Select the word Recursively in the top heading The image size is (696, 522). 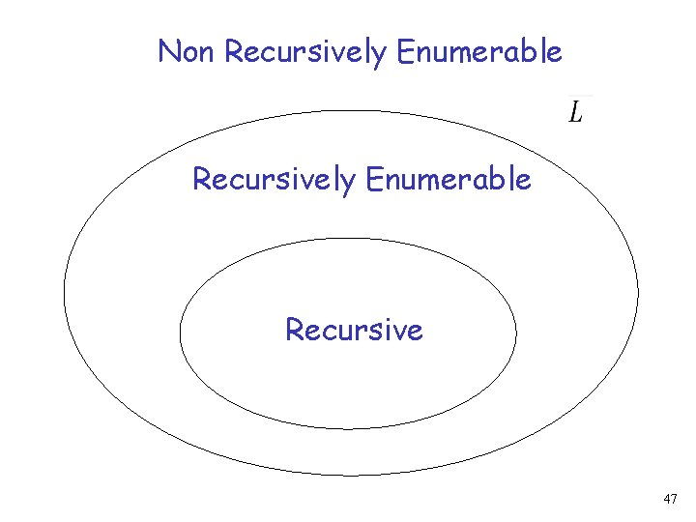305,52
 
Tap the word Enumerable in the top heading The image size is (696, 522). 478,51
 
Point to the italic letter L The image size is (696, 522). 575,114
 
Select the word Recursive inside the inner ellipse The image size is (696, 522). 354,331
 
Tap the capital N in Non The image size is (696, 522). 168,51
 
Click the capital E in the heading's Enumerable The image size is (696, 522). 405,51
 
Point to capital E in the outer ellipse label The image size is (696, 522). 374,179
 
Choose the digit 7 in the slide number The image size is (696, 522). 675,500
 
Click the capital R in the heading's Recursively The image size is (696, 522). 233,51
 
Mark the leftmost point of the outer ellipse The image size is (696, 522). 65,292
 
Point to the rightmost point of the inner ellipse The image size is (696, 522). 516,333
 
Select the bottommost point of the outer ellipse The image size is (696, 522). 351,475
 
